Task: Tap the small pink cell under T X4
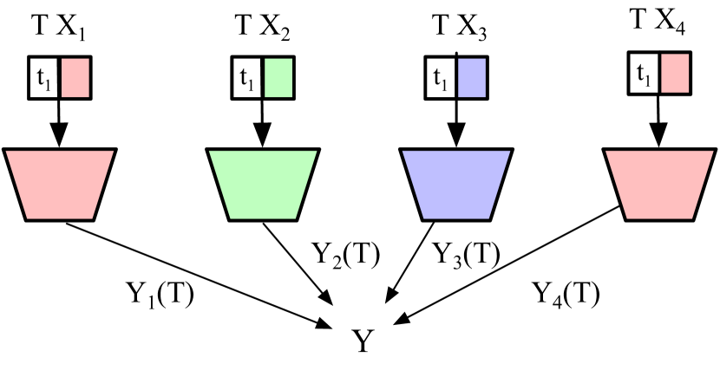click(674, 73)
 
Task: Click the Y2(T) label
click(344, 255)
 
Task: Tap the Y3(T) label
click(465, 255)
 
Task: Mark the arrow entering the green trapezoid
click(260, 121)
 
